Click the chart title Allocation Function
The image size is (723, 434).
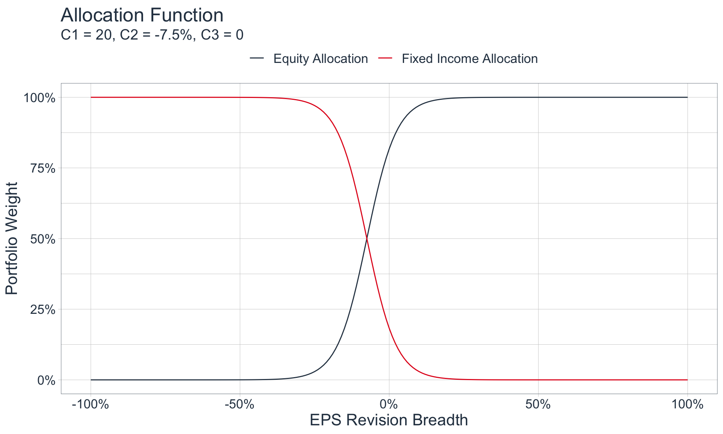pyautogui.click(x=142, y=15)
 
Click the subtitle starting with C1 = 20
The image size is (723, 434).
pyautogui.click(x=152, y=35)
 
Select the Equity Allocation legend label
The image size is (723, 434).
pyautogui.click(x=320, y=59)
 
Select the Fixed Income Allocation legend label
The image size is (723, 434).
pyautogui.click(x=470, y=59)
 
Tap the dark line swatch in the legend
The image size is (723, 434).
pyautogui.click(x=257, y=58)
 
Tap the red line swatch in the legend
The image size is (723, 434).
pyautogui.click(x=385, y=58)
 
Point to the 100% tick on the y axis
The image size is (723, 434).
pyautogui.click(x=40, y=98)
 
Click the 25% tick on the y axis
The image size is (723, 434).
pyautogui.click(x=43, y=310)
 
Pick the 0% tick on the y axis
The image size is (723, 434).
pyautogui.click(x=46, y=380)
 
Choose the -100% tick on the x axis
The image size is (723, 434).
pyautogui.click(x=90, y=405)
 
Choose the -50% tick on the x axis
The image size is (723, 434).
pyautogui.click(x=239, y=405)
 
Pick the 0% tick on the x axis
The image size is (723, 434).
pyautogui.click(x=389, y=405)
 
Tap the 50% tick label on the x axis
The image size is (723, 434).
pyautogui.click(x=538, y=405)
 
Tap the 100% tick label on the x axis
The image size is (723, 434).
pyautogui.click(x=688, y=405)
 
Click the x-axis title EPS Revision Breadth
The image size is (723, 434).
pyautogui.click(x=389, y=420)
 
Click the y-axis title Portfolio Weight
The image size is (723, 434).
pyautogui.click(x=12, y=238)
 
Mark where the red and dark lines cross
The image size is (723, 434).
pyautogui.click(x=367, y=238)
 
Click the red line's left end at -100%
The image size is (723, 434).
pyautogui.click(x=91, y=97)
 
